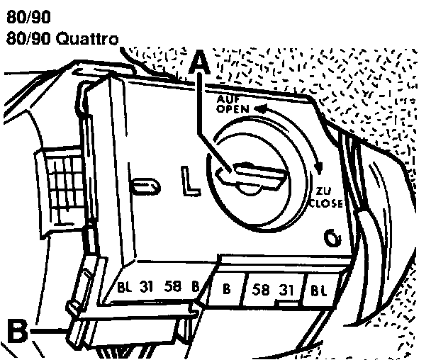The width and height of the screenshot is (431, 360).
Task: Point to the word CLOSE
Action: pyautogui.click(x=325, y=203)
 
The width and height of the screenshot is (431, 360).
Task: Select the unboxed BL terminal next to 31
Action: pyautogui.click(x=125, y=288)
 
